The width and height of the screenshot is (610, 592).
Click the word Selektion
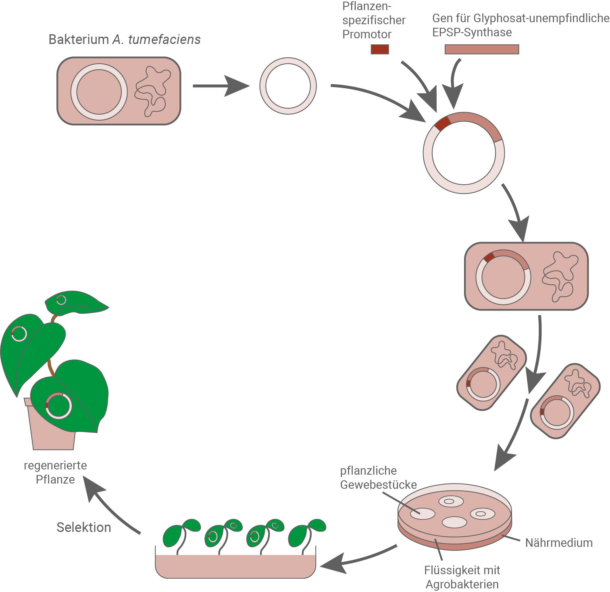(x=83, y=527)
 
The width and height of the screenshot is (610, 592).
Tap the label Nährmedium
(x=558, y=542)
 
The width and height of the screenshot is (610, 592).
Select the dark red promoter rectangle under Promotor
(x=379, y=49)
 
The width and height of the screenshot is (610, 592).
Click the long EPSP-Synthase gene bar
(x=481, y=49)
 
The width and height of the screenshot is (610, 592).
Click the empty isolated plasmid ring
(x=288, y=86)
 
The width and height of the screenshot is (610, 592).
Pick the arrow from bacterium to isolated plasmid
(x=220, y=86)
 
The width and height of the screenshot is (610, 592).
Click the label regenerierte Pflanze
(x=55, y=472)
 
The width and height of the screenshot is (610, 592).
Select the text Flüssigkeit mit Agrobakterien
(x=462, y=577)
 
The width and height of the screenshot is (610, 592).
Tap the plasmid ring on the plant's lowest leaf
(x=58, y=405)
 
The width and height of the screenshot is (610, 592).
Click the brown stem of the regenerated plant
(x=50, y=365)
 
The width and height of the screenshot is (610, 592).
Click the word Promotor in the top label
(x=366, y=34)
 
